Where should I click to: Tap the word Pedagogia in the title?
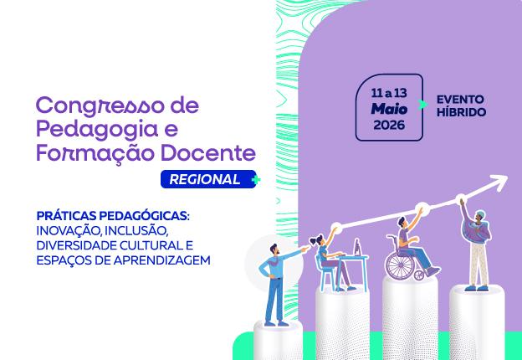(91, 130)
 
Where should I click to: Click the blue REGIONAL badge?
(205, 179)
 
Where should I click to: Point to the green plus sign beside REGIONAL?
(256, 179)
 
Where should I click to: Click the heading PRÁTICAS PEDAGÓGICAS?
(113, 215)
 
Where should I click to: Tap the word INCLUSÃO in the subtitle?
(139, 230)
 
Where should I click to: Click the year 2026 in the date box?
(389, 125)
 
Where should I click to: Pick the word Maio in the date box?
(389, 108)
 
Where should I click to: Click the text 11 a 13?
(389, 91)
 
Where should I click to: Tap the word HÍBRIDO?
(461, 113)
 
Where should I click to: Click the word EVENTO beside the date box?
(460, 100)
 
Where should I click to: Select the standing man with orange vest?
(273, 280)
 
